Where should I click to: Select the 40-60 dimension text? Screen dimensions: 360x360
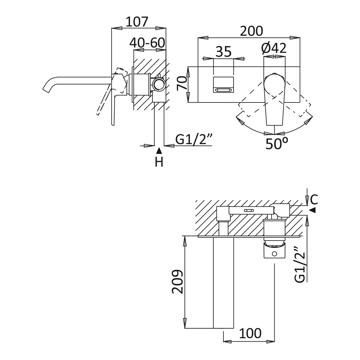point(147,43)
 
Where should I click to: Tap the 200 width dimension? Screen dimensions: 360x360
point(251,31)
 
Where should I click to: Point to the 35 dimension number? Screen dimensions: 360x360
point(223,52)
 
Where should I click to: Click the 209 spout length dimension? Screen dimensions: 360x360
point(178,282)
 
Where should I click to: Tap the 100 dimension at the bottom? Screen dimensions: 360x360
point(250,333)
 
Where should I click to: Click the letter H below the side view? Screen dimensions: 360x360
point(159,162)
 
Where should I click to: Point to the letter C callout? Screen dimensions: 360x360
point(314,199)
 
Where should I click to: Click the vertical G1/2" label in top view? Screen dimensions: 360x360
point(300,266)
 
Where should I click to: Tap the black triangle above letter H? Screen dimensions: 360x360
point(159,151)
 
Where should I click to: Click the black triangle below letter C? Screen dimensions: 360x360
point(314,210)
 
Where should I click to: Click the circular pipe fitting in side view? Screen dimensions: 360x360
point(159,84)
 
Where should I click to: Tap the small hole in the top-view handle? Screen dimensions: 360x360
point(274,254)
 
